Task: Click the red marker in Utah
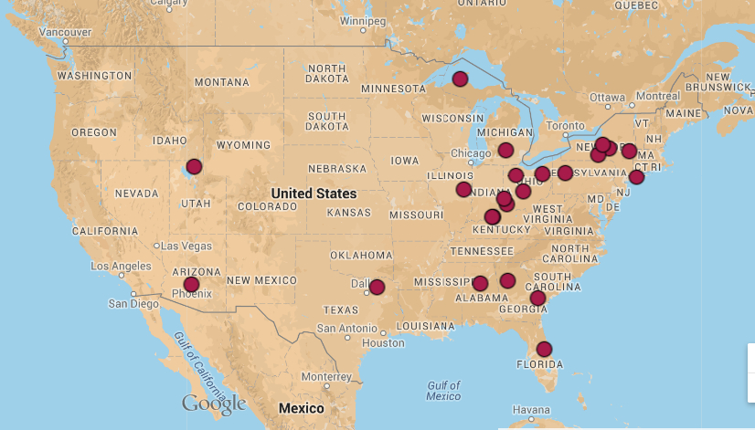click(194, 166)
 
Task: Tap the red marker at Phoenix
click(191, 284)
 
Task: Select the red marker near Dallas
click(377, 287)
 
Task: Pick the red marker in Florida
click(544, 349)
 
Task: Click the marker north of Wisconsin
click(460, 79)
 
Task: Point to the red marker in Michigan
click(505, 150)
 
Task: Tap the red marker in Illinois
click(463, 190)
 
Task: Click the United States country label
click(314, 194)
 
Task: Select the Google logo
click(214, 403)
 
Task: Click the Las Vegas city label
click(187, 246)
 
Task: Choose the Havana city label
click(530, 409)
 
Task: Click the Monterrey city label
click(325, 377)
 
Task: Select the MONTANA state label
click(221, 82)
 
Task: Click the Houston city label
click(382, 343)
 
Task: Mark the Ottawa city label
click(607, 97)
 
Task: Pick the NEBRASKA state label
click(336, 169)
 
